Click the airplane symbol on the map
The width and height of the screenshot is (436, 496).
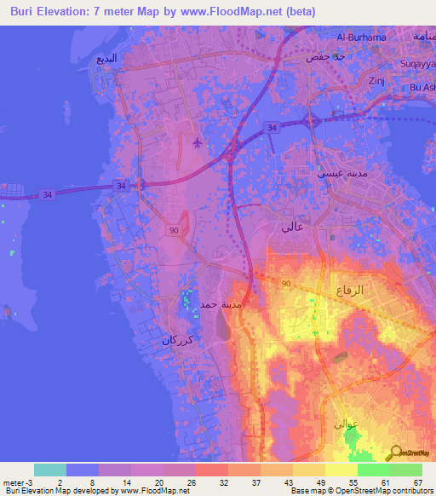(x=198, y=141)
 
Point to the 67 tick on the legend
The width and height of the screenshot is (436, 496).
(x=417, y=483)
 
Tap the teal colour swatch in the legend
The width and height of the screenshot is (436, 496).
(x=50, y=470)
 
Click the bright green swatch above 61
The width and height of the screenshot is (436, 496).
(x=373, y=470)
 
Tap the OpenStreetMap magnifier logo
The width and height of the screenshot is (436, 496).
(x=395, y=453)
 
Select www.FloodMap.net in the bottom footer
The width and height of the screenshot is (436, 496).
(x=152, y=492)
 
